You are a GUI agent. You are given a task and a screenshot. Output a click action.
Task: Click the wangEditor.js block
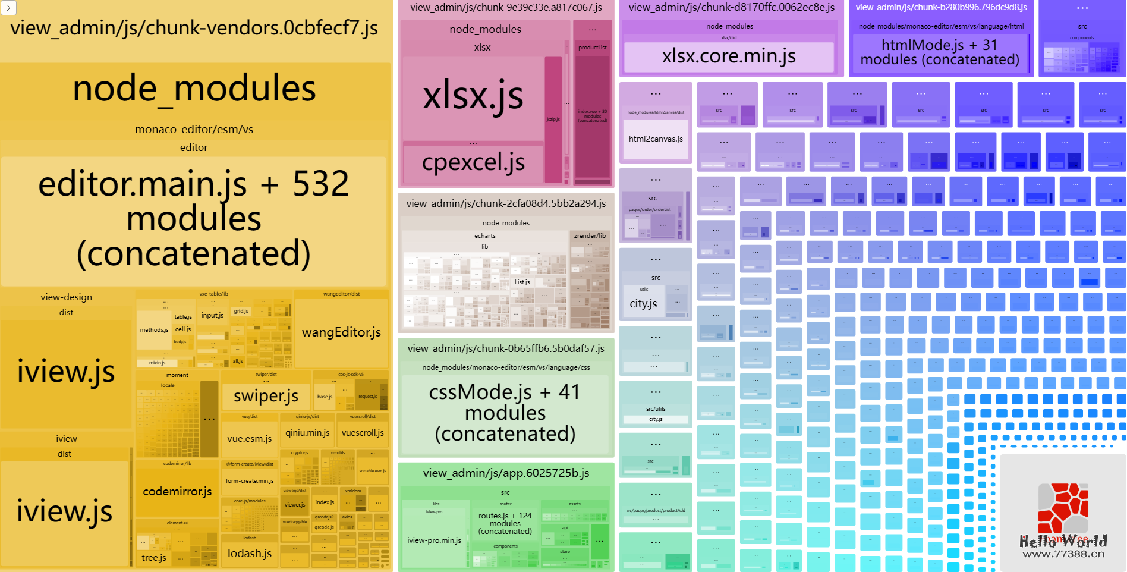click(x=341, y=332)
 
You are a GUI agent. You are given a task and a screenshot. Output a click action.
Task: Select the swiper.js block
click(x=266, y=396)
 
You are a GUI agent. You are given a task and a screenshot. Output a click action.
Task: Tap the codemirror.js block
click(x=177, y=492)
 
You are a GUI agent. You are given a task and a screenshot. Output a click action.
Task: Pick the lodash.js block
click(x=250, y=553)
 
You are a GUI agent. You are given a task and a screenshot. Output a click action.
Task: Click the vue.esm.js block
click(x=249, y=439)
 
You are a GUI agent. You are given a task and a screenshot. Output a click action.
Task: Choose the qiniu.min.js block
click(x=307, y=433)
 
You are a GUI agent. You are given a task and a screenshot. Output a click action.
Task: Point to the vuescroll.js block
click(x=363, y=433)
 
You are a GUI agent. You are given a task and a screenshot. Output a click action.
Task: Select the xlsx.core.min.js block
click(x=729, y=56)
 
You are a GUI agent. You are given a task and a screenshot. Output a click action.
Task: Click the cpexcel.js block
click(x=473, y=162)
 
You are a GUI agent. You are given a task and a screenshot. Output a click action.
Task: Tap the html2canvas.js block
click(x=656, y=139)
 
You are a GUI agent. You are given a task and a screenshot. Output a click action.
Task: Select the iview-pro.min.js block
click(x=434, y=540)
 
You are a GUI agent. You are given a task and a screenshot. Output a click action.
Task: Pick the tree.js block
click(x=153, y=558)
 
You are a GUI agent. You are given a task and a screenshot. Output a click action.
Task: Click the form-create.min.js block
click(x=250, y=481)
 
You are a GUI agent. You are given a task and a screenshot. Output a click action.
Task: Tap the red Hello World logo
click(x=1063, y=508)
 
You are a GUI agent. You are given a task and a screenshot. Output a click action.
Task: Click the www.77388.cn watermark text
click(x=1063, y=554)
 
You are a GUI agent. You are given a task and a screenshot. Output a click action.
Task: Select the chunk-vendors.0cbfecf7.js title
click(x=194, y=28)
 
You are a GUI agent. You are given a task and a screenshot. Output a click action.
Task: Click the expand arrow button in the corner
click(x=8, y=8)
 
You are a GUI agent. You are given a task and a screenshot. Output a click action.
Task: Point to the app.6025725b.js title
click(x=506, y=473)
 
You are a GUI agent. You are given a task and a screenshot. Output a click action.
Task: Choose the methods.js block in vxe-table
click(x=154, y=330)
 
